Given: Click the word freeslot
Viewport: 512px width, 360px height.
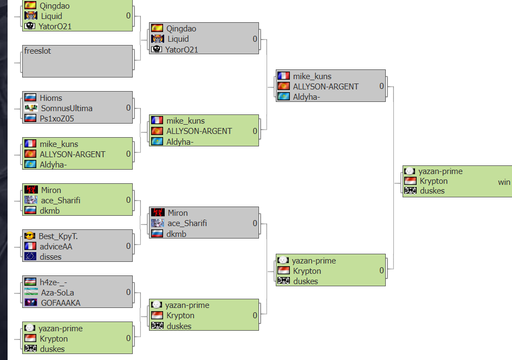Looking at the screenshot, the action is coord(37,51).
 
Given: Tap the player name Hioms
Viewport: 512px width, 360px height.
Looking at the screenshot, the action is coord(51,98).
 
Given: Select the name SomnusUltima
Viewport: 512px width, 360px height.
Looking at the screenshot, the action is coord(67,108).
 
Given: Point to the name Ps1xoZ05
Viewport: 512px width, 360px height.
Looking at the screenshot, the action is coord(57,119).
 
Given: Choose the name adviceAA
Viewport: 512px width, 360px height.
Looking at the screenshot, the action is coord(56,247).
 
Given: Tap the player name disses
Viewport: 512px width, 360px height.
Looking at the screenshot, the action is coord(50,257).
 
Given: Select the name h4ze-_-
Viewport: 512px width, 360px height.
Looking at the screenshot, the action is coord(54,282).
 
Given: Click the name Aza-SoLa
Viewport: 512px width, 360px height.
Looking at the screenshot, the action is coord(57,293).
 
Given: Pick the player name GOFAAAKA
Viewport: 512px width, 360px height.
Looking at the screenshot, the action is coord(61,303).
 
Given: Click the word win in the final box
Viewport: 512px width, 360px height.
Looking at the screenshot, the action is coord(504,182).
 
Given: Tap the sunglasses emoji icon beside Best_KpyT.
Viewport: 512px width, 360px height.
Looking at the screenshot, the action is coord(30,235).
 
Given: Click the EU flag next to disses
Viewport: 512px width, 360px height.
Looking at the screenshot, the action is coord(30,256).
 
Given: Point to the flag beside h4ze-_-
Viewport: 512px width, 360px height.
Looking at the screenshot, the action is coord(30,281).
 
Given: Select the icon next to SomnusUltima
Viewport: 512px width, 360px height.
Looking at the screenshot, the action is coord(31,108).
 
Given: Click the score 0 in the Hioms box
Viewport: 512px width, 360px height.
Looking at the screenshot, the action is coord(128,108).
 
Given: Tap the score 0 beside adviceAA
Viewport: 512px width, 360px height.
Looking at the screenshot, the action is coord(128,246).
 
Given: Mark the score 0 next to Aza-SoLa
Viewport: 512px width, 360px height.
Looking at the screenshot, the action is coord(128,292).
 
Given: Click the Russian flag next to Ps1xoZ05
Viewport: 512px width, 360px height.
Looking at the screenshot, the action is coord(30,118).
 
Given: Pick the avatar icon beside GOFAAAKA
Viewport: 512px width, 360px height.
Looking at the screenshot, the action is coord(31,303).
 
